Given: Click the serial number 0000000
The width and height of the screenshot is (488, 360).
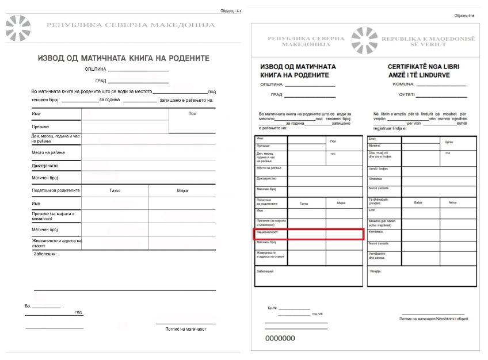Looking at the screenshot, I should click(x=280, y=339).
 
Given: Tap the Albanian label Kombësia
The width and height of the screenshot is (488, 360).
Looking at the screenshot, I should click(x=375, y=231).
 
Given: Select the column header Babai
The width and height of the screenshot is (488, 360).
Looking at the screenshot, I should click(x=418, y=202).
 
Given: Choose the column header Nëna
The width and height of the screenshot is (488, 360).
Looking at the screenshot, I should click(x=452, y=202).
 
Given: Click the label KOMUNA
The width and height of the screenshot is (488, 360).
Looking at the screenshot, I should click(x=402, y=85).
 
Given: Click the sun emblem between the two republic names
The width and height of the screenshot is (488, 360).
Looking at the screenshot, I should click(x=364, y=41).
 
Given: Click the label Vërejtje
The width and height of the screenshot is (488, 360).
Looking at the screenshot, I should click(x=375, y=270).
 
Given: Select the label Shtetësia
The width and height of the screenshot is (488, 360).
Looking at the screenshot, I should click(x=376, y=178).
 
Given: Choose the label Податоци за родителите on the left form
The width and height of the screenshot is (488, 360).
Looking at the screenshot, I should click(x=56, y=190).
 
